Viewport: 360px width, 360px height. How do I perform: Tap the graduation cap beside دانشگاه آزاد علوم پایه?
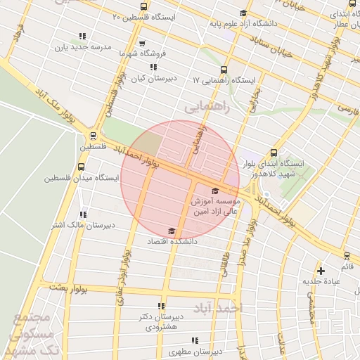click(243, 13)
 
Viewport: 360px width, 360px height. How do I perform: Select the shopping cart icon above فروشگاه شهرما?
click(143, 43)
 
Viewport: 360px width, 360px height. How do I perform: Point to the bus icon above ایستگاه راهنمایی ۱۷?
click(224, 70)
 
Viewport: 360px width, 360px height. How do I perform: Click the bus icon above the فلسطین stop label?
click(93, 136)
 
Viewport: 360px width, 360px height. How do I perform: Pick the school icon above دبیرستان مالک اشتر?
click(82, 214)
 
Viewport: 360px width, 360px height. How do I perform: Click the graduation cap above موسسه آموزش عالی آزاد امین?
click(214, 191)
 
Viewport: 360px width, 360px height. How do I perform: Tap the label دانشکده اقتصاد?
click(172, 240)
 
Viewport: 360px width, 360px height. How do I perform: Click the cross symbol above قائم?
click(321, 270)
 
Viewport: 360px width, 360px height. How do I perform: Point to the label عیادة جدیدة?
click(321, 281)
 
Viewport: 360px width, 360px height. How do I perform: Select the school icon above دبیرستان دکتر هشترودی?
click(162, 306)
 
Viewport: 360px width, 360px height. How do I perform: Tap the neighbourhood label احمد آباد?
click(215, 308)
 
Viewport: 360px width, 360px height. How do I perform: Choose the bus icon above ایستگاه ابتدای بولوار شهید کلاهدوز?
click(274, 153)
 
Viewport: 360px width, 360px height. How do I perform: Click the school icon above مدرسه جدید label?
click(82, 36)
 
